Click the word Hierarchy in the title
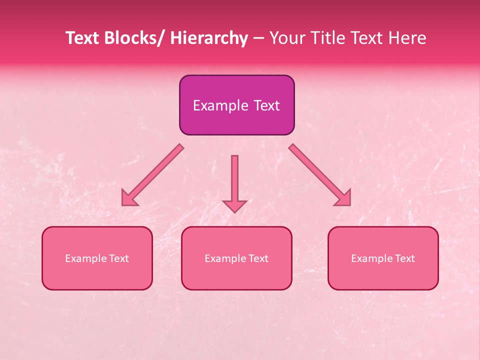(209, 38)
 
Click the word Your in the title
(285, 38)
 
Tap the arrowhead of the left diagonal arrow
(127, 199)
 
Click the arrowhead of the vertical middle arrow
(234, 205)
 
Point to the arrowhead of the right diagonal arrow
(344, 199)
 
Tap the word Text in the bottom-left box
(119, 258)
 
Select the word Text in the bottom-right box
(405, 258)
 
